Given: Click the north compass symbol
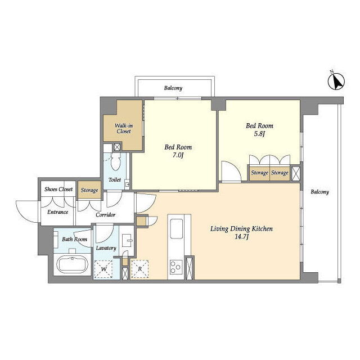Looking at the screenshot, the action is click(x=336, y=81).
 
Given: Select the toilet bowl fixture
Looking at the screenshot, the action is click(x=115, y=161).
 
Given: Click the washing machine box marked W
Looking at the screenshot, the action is click(x=103, y=269).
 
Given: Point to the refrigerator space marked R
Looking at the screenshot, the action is click(x=139, y=269).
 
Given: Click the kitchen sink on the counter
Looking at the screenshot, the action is click(x=176, y=228).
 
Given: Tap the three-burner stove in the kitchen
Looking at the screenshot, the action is click(x=176, y=267).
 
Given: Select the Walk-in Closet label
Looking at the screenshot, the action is click(x=124, y=129).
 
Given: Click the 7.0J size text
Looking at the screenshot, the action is click(x=178, y=155).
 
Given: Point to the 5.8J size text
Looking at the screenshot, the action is click(x=259, y=134).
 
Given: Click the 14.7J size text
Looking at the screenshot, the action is click(x=241, y=237).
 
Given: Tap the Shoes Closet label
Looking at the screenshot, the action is click(x=58, y=189).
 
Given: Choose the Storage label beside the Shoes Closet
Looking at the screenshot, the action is click(x=89, y=190).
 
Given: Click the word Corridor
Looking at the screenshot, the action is click(x=105, y=215).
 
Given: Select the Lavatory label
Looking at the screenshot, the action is click(x=106, y=248).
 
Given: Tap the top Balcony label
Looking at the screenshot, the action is click(x=173, y=88).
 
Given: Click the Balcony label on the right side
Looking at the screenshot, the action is click(x=319, y=192).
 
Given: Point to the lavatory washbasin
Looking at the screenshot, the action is click(x=127, y=240).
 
